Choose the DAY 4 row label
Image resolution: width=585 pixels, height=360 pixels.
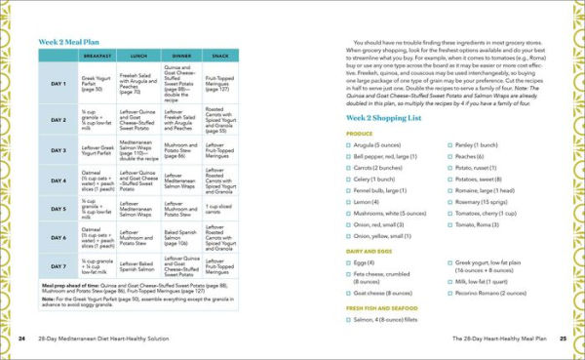pos(58,180)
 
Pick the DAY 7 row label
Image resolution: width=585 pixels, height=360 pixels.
pos(58,265)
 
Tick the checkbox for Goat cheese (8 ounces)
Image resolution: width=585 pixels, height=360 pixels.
pos(348,292)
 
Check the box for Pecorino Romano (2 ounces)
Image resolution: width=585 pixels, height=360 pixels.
pos(448,292)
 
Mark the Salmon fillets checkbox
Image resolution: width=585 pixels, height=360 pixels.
pos(348,319)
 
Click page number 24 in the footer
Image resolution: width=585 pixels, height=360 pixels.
pos(21,339)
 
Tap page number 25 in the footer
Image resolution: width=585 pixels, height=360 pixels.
pos(563,339)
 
